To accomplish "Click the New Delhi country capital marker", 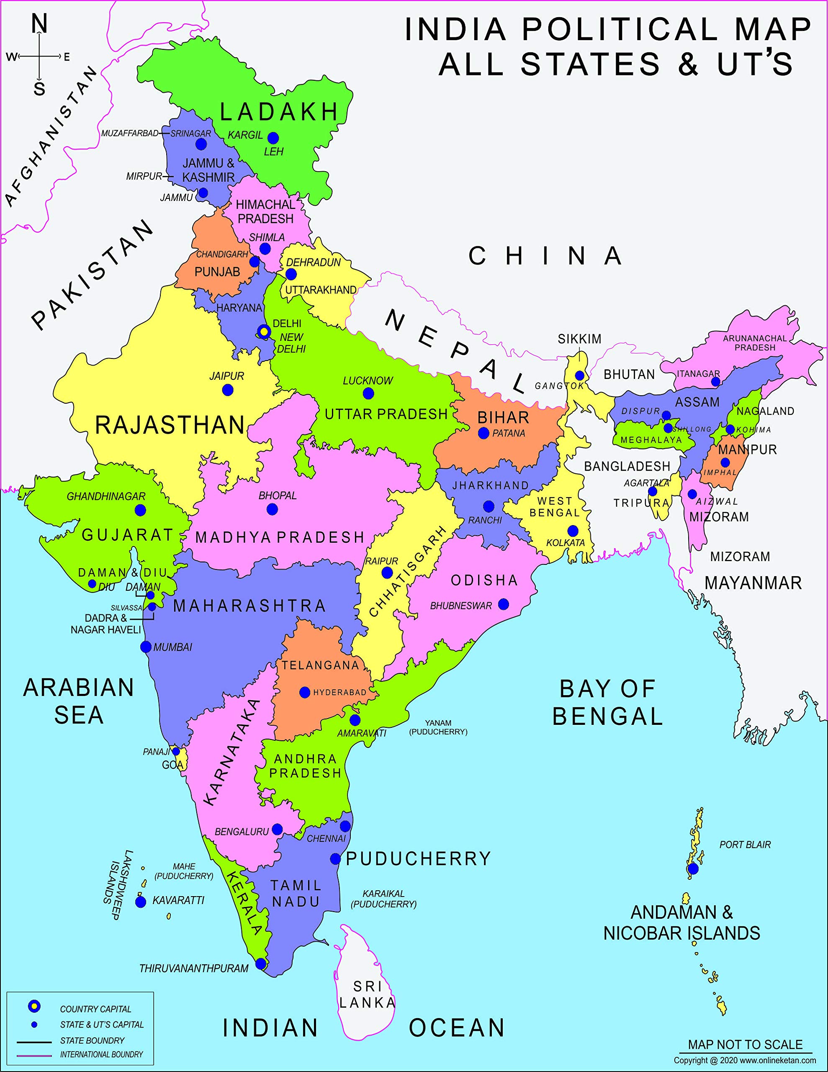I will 264,332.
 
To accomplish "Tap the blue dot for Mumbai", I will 146,647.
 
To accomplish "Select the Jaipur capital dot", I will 228,390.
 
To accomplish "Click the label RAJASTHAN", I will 170,425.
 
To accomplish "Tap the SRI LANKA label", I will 367,995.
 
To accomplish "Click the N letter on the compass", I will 39,23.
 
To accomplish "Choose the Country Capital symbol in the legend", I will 34,1007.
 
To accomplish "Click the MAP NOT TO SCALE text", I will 745,1044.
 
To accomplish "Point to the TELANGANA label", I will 320,665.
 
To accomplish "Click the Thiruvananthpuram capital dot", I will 261,964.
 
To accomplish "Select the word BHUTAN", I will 629,374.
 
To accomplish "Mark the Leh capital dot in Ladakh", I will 273,138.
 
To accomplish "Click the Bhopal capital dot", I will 273,510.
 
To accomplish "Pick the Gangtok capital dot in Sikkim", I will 580,376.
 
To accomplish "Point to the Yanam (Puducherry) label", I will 438,727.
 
